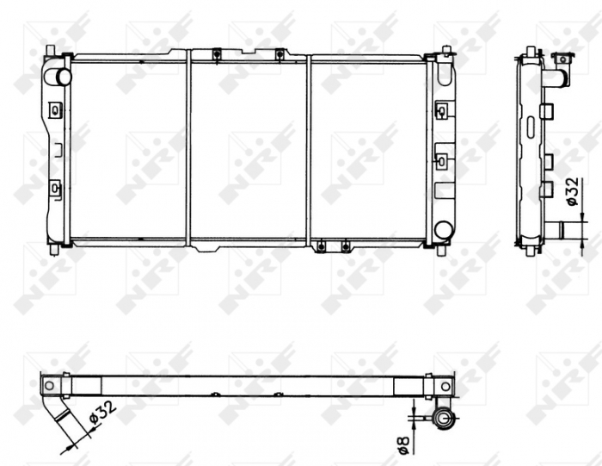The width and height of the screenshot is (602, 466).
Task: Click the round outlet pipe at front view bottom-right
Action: pyautogui.click(x=444, y=230)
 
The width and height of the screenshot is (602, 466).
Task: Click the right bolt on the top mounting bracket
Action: pyautogui.click(x=280, y=56)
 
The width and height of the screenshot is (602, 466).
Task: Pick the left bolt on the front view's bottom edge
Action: pyautogui.click(x=322, y=247)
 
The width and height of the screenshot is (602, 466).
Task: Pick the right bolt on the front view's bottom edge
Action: pyautogui.click(x=344, y=247)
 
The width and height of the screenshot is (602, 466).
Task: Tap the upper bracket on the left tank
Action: pyautogui.click(x=56, y=109)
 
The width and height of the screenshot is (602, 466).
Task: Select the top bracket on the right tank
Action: pyautogui.click(x=441, y=110)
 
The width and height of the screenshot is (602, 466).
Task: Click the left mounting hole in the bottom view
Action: pyautogui.click(x=49, y=385)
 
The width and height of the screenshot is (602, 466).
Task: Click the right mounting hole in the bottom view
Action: pyautogui.click(x=445, y=385)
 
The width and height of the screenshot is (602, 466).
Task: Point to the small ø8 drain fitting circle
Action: pyautogui.click(x=445, y=420)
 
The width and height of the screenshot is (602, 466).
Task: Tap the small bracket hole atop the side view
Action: pyautogui.click(x=564, y=59)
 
